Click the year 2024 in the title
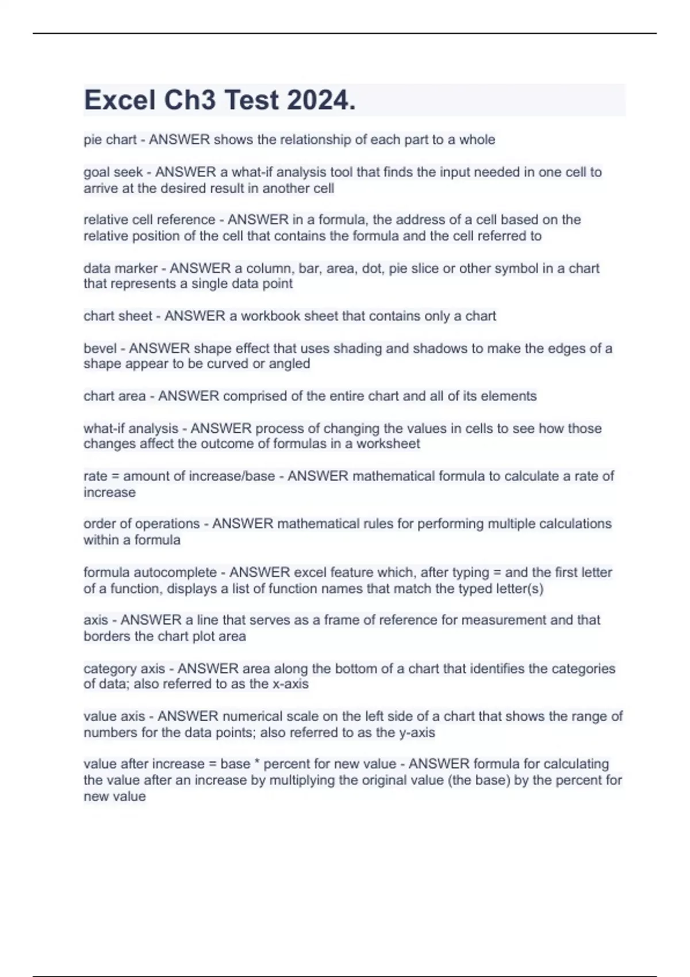click(x=321, y=100)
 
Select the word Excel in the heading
click(x=120, y=100)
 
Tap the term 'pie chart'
click(x=110, y=140)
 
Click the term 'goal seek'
click(x=113, y=172)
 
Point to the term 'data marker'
click(x=120, y=268)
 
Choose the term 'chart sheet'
click(x=118, y=316)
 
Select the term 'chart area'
click(x=114, y=396)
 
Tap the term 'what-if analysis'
click(x=131, y=428)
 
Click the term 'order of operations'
click(x=141, y=524)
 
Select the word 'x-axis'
click(x=291, y=684)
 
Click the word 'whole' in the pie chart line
click(x=477, y=140)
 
